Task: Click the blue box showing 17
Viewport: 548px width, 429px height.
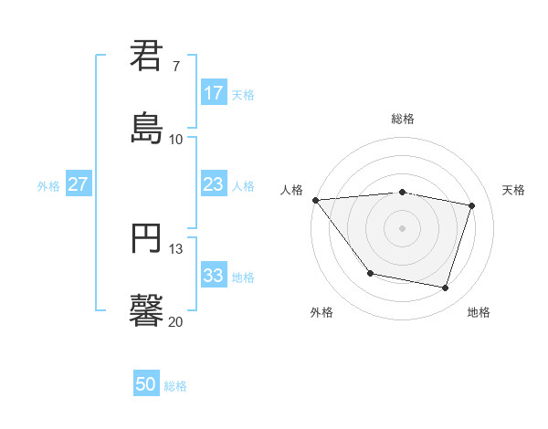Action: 213,93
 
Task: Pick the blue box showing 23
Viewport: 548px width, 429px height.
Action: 213,184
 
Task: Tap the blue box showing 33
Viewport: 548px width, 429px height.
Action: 213,276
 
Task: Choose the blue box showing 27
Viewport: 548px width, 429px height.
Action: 78,184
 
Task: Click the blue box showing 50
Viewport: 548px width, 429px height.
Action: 146,384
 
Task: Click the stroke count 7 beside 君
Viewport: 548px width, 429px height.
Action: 176,67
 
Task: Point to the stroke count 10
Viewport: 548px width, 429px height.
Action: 176,140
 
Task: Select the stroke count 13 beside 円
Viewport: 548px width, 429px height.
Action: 176,249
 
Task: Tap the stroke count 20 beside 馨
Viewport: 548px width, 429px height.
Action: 176,321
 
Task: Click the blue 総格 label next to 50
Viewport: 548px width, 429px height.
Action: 175,386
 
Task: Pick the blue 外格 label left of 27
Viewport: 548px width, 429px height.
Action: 48,186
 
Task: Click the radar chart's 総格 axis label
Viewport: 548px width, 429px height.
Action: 403,119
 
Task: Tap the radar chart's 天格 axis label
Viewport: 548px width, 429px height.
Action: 513,190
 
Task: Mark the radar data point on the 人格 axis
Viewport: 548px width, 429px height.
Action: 315,200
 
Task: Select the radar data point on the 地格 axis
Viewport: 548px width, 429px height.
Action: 446,288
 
